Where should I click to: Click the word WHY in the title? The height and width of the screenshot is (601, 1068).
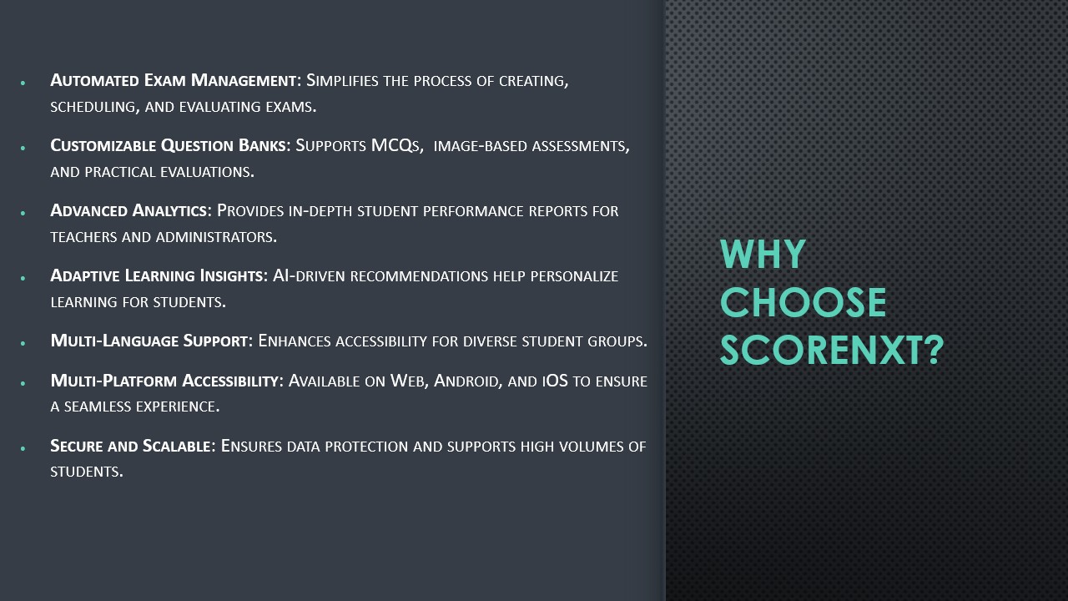(763, 254)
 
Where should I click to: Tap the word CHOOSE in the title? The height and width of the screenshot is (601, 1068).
(803, 302)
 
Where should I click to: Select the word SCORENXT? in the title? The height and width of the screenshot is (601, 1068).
(832, 350)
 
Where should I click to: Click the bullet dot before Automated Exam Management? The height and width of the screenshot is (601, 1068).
(23, 83)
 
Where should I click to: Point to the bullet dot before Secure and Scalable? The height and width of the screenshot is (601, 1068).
(23, 448)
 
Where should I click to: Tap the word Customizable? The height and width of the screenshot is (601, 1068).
(103, 145)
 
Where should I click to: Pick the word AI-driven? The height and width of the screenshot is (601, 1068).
(309, 275)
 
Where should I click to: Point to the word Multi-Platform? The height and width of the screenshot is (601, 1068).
(113, 381)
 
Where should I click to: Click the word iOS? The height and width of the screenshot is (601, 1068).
(555, 381)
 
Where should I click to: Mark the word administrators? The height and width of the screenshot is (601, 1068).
(216, 236)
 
